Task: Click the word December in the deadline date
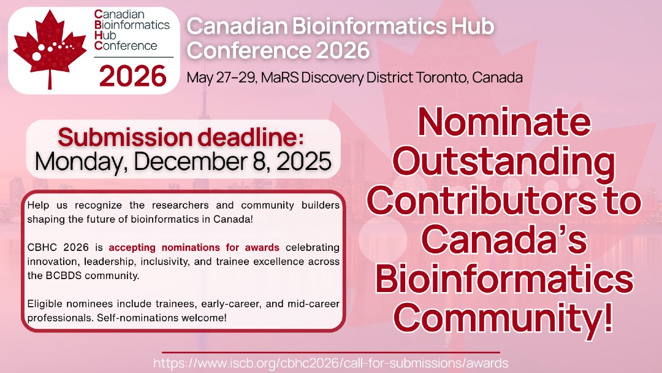196,161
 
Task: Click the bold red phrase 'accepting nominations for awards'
194,248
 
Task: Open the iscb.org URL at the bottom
331,363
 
